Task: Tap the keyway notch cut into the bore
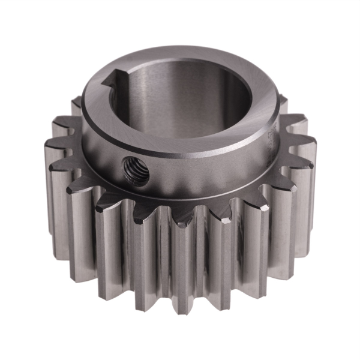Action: (x=113, y=79)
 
